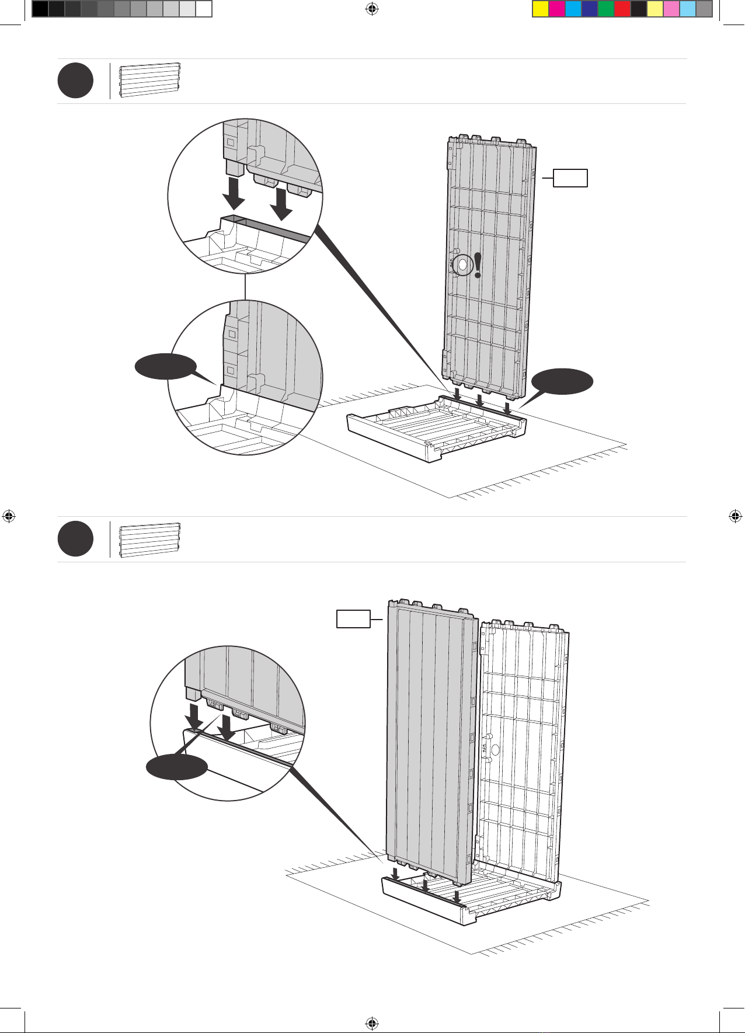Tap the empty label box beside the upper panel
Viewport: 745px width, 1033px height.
(x=570, y=178)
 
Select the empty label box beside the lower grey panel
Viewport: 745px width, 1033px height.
(x=353, y=619)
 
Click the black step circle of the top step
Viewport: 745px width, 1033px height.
(x=75, y=81)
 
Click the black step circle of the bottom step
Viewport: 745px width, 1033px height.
(x=75, y=540)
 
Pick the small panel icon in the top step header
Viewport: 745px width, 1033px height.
(x=150, y=80)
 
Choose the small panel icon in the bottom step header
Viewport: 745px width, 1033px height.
(x=150, y=540)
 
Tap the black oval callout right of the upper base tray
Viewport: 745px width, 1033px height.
(x=562, y=381)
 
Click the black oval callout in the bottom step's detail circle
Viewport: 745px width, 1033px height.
(x=176, y=767)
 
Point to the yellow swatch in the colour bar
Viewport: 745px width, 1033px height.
(x=541, y=9)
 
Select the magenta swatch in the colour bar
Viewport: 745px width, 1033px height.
(x=557, y=9)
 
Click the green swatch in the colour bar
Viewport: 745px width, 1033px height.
(x=606, y=9)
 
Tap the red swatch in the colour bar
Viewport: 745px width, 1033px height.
(x=622, y=9)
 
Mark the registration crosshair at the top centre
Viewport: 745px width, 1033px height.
(x=371, y=9)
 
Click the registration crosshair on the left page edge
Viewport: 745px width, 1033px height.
(x=9, y=516)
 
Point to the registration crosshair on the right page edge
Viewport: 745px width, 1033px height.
(x=736, y=516)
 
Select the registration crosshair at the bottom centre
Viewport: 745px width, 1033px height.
(x=371, y=1023)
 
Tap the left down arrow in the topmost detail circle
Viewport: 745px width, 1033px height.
(x=235, y=194)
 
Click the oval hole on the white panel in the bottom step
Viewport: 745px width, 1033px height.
(x=495, y=749)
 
